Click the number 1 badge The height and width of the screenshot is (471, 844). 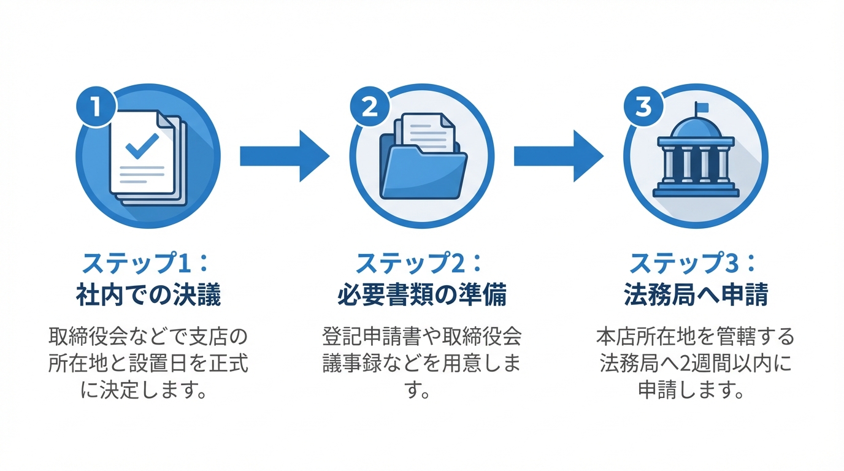[x=96, y=106]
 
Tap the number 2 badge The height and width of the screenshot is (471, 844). [x=369, y=106]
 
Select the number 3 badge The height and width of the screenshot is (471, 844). [x=643, y=106]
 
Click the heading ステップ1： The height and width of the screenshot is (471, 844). [x=147, y=264]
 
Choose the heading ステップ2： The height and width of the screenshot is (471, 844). [x=421, y=264]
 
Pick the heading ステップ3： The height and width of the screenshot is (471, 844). [x=695, y=264]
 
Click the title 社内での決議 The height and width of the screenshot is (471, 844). [x=148, y=296]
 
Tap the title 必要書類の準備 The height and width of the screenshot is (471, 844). [x=421, y=296]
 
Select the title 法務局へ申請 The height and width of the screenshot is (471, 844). [x=696, y=296]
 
